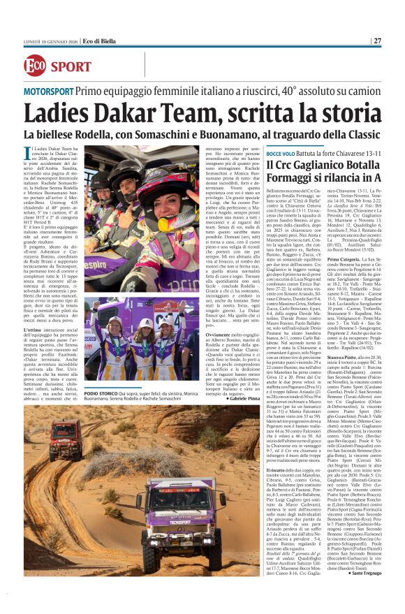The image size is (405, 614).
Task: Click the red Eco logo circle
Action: (35, 65)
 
